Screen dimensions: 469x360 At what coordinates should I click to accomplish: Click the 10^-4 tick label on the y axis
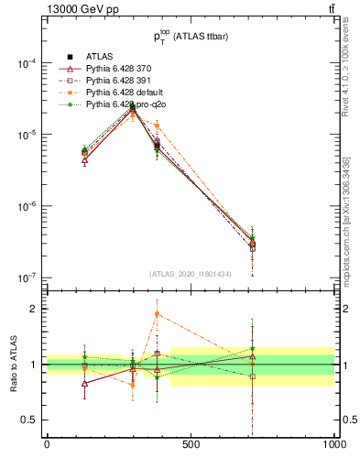27,64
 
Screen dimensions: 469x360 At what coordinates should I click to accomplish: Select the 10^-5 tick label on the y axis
27,135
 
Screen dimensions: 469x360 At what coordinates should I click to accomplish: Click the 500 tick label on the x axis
191,444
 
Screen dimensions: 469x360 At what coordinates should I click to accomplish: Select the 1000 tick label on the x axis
333,444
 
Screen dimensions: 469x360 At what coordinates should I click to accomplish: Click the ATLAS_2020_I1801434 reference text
191,274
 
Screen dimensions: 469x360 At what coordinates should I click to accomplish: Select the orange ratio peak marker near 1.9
158,314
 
